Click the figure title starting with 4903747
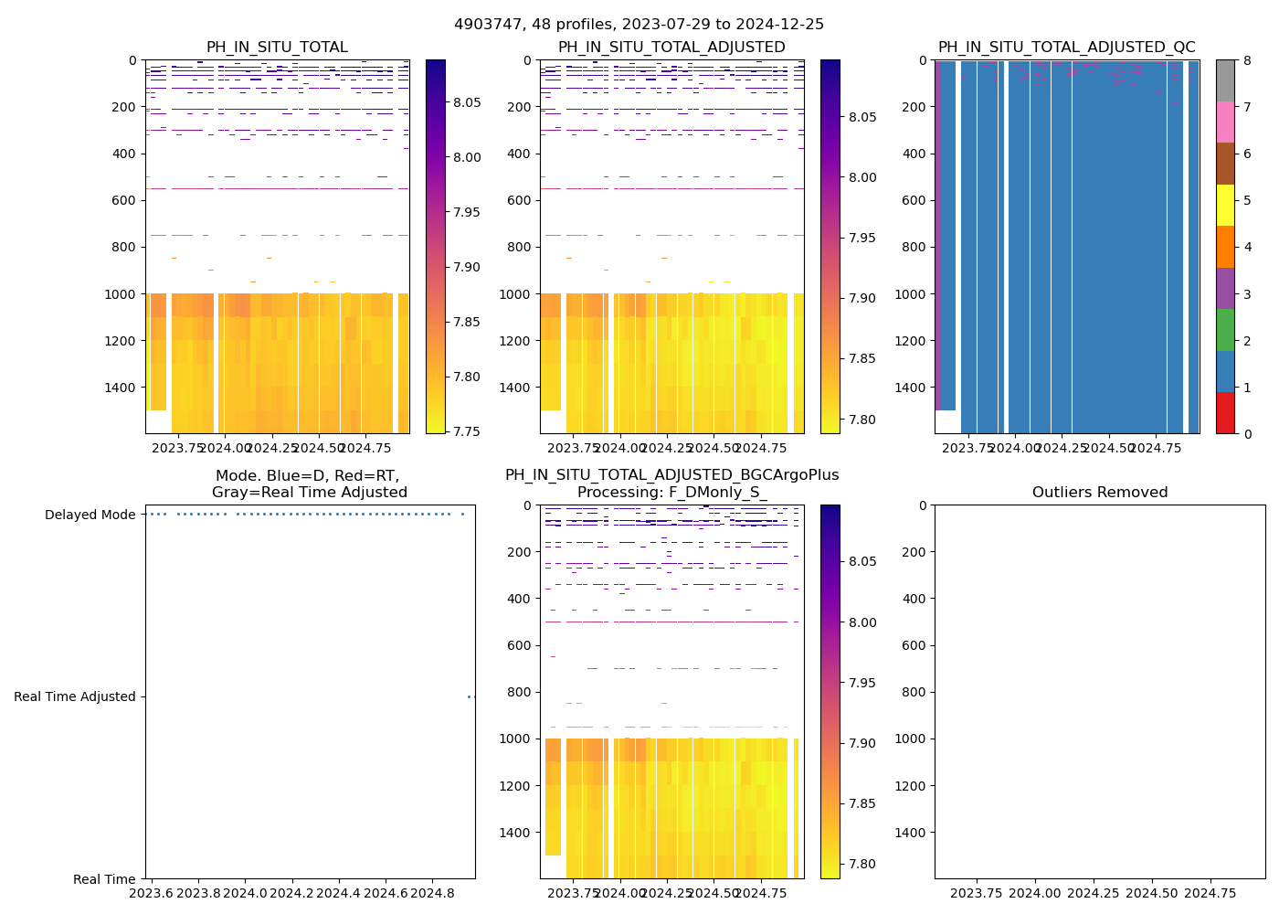click(639, 25)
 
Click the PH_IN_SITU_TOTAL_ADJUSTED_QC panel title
click(1066, 48)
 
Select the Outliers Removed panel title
click(1100, 493)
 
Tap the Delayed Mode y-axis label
click(90, 515)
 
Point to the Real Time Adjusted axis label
click(75, 696)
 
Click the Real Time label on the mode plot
click(104, 879)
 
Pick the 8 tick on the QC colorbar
click(1246, 60)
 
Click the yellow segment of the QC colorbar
click(1225, 205)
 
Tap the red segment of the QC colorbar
click(1225, 412)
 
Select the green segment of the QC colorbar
click(1225, 329)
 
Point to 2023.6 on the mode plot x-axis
click(151, 893)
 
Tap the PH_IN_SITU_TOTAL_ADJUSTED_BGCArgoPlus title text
click(671, 475)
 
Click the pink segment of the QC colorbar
click(1225, 122)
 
